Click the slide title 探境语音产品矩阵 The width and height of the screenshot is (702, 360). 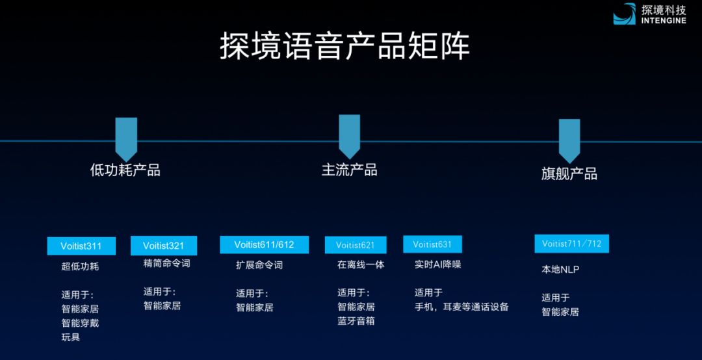pos(344,46)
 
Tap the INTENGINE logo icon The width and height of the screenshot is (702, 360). pos(624,14)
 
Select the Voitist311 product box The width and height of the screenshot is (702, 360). pos(81,246)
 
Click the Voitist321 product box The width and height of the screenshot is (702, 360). pos(163,246)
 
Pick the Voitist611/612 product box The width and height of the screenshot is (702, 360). pos(264,244)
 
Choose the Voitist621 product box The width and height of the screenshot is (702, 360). pos(356,245)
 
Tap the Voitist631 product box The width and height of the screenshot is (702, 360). pos(432,244)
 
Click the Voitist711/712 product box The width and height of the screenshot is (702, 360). pos(572,244)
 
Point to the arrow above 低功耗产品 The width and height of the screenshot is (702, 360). pos(126,139)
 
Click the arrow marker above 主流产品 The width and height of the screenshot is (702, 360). pos(349,136)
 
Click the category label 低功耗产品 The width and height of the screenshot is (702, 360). pos(125,170)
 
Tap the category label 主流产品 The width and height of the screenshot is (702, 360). pos(349,170)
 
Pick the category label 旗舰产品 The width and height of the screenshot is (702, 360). pos(569,174)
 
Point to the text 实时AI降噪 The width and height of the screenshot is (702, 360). pos(437,264)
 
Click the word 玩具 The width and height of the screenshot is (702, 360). pos(71,337)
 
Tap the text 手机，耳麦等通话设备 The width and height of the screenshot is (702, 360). pos(461,307)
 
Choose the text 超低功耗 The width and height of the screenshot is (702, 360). pos(80,266)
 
